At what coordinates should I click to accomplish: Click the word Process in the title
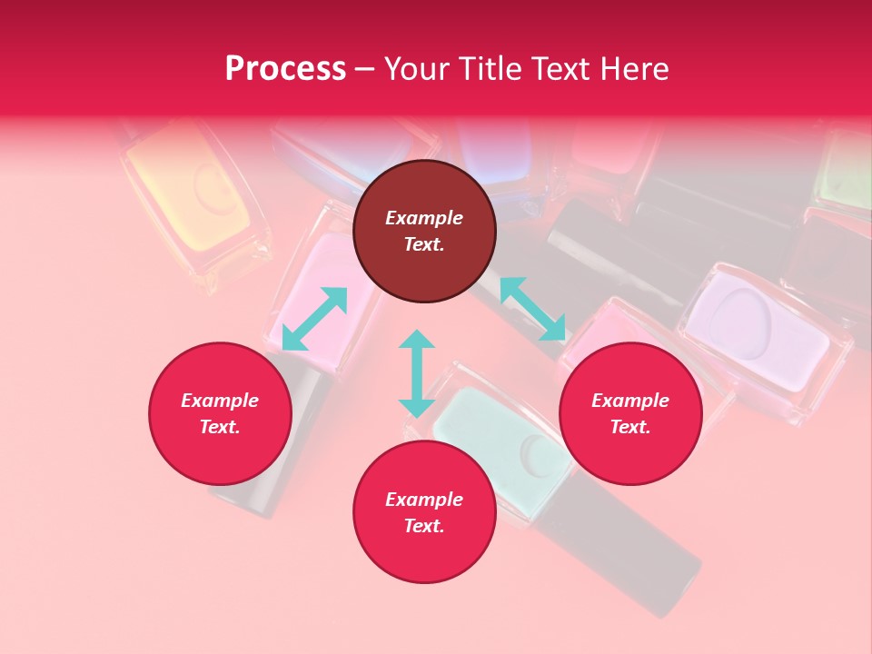tap(285, 69)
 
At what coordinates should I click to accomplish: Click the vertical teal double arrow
tap(417, 373)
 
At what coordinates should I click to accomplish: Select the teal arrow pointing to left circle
tap(314, 319)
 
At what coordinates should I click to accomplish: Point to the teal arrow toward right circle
tap(532, 309)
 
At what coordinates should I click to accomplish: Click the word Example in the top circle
tap(424, 218)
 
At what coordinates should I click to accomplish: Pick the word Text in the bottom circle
tap(424, 526)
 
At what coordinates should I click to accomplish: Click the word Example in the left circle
tap(220, 401)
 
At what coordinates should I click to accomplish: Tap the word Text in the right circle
tap(630, 427)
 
